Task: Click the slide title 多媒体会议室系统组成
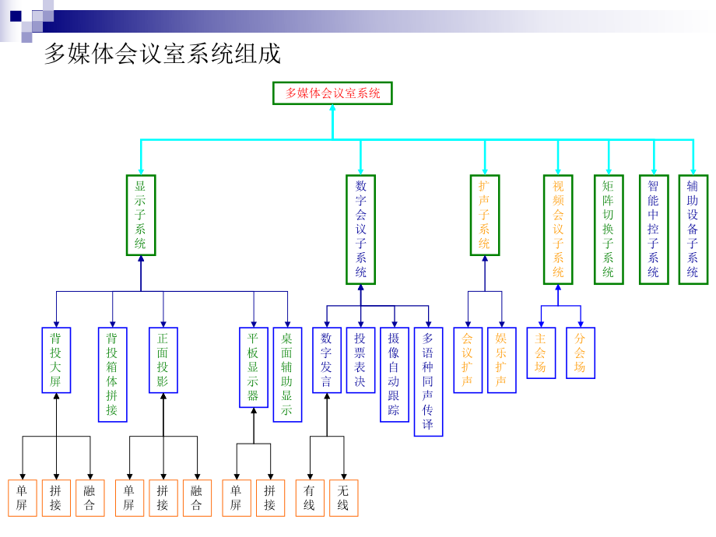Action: tap(162, 54)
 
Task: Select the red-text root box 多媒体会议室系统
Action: tap(332, 93)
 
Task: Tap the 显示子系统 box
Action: tap(141, 215)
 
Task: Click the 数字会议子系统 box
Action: tap(360, 230)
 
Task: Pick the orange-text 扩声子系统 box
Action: tap(484, 215)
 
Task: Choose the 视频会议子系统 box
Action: tap(558, 230)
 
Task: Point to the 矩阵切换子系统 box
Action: tap(609, 230)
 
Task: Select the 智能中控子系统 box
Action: tap(654, 230)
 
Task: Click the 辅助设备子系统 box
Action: tap(693, 230)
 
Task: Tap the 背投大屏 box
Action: tap(56, 360)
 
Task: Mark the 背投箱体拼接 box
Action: tap(112, 374)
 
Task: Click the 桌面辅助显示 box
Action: tap(287, 374)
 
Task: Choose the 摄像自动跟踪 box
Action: tap(394, 374)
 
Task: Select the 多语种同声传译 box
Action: tap(428, 381)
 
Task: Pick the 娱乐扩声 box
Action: tap(501, 360)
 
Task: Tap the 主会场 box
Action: tap(541, 353)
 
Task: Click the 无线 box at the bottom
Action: tap(343, 498)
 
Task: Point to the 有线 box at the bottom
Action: tap(310, 498)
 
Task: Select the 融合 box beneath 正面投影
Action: tap(197, 498)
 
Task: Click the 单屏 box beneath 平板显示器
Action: tap(236, 498)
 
